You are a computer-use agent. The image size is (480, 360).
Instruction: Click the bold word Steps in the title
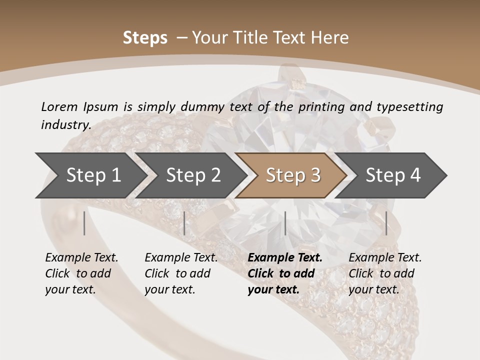(145, 38)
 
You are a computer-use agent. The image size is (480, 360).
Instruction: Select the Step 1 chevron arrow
(90, 175)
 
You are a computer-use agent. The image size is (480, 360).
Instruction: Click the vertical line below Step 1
(84, 223)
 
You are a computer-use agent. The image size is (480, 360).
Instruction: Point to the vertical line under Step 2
(184, 223)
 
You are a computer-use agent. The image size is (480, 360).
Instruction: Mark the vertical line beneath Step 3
(285, 223)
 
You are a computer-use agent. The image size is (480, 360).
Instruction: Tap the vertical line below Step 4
(386, 223)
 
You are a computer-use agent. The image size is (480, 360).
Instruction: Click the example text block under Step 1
(81, 273)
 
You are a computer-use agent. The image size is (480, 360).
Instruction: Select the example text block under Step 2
(181, 273)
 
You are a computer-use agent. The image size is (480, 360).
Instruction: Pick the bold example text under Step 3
(285, 273)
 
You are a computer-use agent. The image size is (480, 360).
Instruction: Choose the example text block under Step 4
(385, 273)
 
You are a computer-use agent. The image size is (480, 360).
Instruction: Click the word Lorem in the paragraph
(59, 106)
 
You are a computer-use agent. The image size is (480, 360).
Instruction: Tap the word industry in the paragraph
(66, 124)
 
